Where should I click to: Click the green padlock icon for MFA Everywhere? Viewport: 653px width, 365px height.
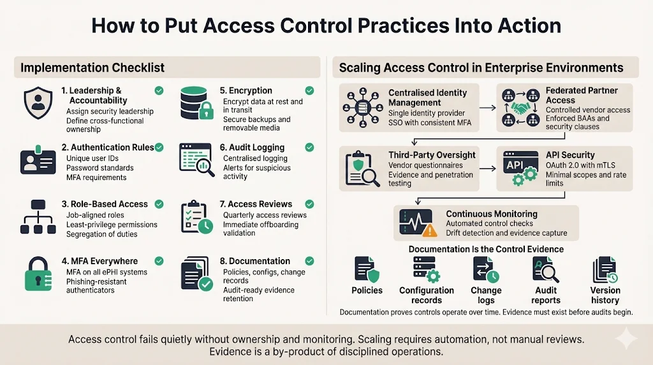[x=38, y=275]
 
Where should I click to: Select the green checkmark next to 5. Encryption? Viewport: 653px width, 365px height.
[x=309, y=91]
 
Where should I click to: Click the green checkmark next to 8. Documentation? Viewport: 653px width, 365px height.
[x=309, y=261]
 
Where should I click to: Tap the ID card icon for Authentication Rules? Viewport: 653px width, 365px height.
[x=38, y=161]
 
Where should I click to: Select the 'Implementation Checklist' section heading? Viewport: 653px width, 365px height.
[x=92, y=68]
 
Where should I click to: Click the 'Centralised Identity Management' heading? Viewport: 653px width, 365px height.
[x=427, y=98]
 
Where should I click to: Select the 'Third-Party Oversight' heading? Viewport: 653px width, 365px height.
[x=432, y=154]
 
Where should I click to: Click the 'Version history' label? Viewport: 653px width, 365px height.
[x=605, y=295]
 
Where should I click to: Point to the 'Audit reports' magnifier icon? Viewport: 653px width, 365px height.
[x=546, y=270]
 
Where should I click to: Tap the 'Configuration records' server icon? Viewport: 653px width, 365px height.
[x=426, y=270]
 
